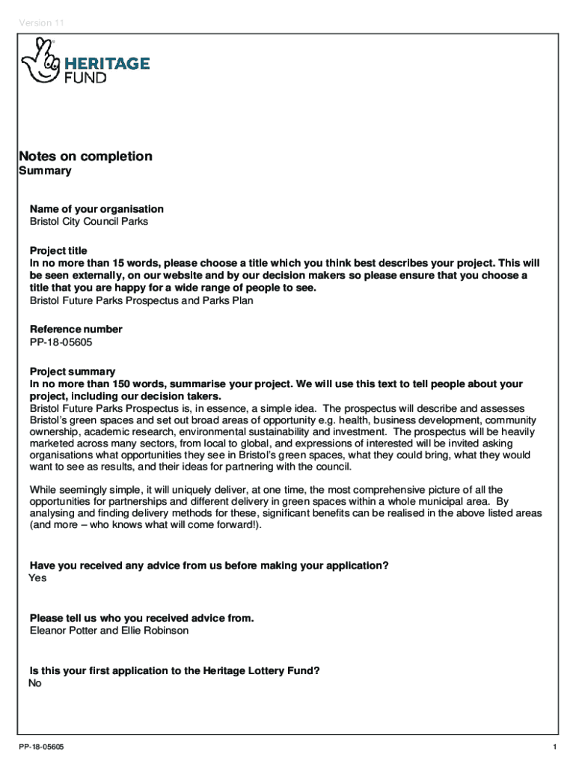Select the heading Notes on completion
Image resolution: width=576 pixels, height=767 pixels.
[85, 157]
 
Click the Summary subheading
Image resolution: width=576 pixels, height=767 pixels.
[45, 171]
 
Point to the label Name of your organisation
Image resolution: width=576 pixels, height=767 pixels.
[96, 209]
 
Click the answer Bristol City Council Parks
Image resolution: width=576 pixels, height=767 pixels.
[89, 222]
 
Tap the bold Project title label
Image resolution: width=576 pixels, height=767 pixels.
[58, 250]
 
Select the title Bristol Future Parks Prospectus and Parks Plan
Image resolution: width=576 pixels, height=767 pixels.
[141, 301]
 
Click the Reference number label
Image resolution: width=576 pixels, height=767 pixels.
[76, 330]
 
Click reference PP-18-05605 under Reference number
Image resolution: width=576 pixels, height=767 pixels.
[61, 343]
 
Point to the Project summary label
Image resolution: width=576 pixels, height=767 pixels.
[73, 372]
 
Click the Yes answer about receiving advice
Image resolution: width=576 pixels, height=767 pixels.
[37, 578]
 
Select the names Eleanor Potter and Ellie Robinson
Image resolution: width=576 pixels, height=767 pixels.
[109, 631]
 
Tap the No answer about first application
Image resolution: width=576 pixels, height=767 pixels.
[35, 683]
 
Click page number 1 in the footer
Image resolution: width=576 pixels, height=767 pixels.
[554, 748]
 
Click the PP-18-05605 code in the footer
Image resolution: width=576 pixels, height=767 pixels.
[43, 748]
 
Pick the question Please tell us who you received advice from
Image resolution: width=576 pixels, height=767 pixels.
[141, 618]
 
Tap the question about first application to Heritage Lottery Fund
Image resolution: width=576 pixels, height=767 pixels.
[175, 670]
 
